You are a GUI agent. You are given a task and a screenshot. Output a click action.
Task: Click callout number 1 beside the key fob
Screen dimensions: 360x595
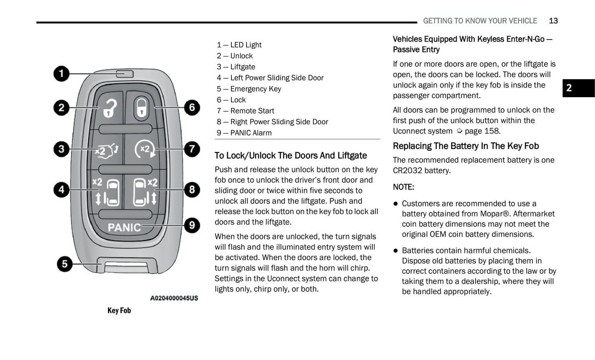pyautogui.click(x=61, y=74)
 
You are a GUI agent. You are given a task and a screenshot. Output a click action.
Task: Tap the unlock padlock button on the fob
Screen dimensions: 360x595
pyautogui.click(x=110, y=108)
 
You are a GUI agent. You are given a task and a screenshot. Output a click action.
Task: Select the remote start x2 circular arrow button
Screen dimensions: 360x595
pyautogui.click(x=145, y=149)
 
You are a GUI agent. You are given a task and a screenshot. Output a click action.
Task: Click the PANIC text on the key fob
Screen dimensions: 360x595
pyautogui.click(x=124, y=227)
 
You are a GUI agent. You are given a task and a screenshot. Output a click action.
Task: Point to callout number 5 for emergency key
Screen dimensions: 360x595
pyautogui.click(x=65, y=264)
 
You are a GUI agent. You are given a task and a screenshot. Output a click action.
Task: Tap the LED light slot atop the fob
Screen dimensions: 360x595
pyautogui.click(x=125, y=74)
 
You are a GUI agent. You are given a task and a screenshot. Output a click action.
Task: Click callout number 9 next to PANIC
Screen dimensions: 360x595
pyautogui.click(x=192, y=225)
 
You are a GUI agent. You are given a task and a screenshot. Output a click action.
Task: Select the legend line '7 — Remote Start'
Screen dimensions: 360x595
pyautogui.click(x=245, y=111)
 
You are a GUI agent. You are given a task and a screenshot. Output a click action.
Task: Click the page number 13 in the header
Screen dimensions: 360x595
pyautogui.click(x=553, y=21)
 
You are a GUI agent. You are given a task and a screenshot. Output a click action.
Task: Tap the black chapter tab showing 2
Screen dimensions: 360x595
pyautogui.click(x=578, y=88)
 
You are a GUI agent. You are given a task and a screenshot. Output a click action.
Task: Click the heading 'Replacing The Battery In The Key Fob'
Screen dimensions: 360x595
pyautogui.click(x=466, y=146)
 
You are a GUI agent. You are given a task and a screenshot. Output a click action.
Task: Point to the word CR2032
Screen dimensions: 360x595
pyautogui.click(x=406, y=171)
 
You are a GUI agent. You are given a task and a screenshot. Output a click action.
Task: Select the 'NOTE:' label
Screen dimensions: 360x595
pyautogui.click(x=404, y=187)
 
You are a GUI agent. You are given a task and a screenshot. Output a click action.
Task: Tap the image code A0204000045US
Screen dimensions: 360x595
pyautogui.click(x=174, y=298)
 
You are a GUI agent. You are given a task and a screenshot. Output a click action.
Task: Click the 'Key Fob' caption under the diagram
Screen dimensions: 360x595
pyautogui.click(x=119, y=311)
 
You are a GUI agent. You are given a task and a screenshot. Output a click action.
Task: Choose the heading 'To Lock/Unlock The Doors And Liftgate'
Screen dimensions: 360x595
pyautogui.click(x=291, y=155)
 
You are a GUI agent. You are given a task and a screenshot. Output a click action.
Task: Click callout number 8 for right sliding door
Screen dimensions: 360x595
pyautogui.click(x=192, y=189)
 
